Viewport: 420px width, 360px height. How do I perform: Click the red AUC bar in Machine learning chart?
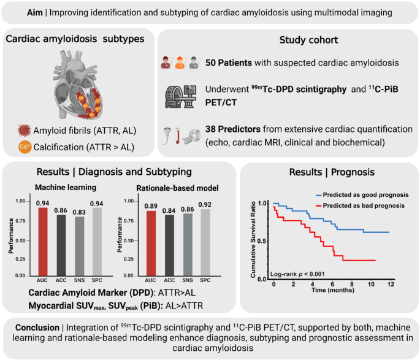tap(43, 242)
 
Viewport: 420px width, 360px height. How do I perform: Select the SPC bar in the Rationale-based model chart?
tap(205, 242)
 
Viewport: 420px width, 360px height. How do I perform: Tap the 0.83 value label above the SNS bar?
tap(79, 212)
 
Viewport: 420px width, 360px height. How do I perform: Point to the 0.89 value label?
tap(151, 206)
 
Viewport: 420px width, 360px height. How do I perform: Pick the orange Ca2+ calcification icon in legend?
tap(25, 147)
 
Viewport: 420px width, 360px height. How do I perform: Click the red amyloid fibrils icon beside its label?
tap(24, 131)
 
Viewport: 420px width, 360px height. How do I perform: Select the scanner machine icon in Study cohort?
tap(181, 96)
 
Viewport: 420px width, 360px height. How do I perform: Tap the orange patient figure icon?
tap(180, 63)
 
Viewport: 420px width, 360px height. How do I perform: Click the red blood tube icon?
tap(177, 136)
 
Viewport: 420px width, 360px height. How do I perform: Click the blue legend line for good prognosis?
tap(318, 195)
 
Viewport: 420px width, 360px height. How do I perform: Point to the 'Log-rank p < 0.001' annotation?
tap(297, 274)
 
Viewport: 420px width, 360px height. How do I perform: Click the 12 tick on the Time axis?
tap(391, 284)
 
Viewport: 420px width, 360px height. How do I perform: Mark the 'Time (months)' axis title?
tap(333, 290)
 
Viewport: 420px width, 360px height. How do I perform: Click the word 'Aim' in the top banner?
tap(35, 13)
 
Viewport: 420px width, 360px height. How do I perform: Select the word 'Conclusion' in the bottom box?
tap(37, 327)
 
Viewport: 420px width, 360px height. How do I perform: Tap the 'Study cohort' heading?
tap(308, 40)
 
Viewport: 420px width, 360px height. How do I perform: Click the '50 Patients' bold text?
tap(229, 63)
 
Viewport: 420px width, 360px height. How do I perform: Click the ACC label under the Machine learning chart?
tap(61, 280)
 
